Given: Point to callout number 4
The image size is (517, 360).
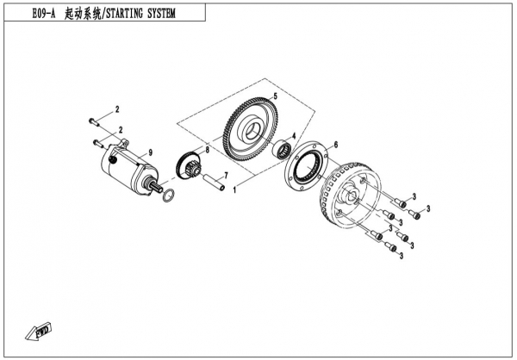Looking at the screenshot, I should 295,136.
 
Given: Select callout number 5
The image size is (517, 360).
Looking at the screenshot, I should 274,95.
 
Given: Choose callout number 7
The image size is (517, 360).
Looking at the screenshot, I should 226,175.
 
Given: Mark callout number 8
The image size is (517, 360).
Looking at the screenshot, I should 206,148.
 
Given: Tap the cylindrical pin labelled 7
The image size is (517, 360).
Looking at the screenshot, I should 211,182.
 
